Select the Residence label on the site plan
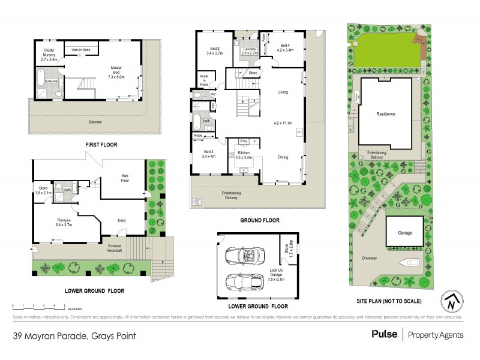385,114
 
